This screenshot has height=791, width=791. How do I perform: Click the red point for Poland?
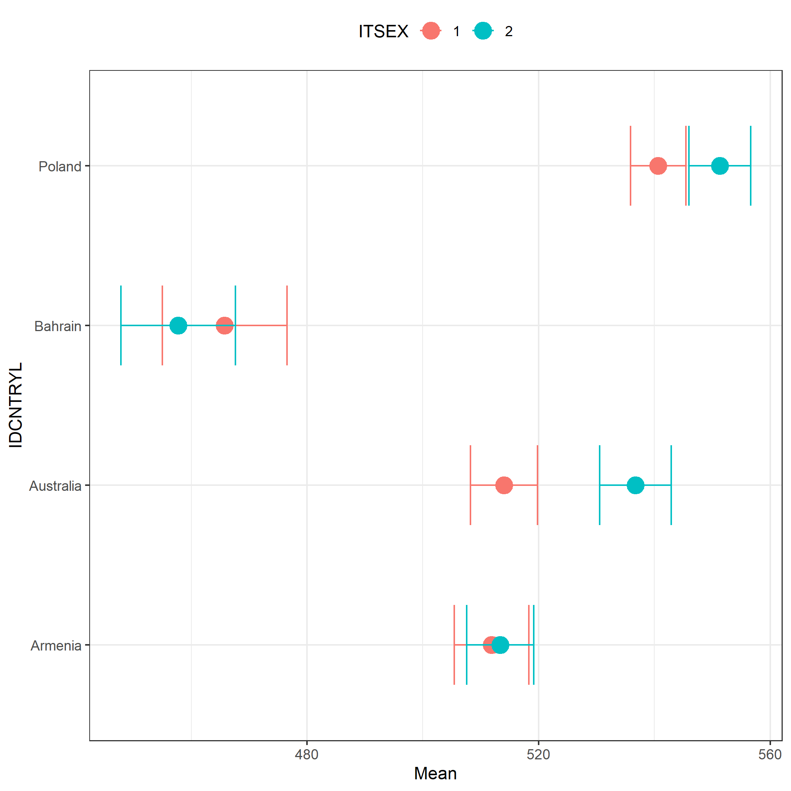click(x=658, y=166)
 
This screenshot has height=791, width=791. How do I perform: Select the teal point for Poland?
click(x=720, y=166)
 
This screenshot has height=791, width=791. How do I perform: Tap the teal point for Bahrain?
click(x=178, y=325)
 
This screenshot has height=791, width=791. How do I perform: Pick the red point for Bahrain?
click(x=225, y=325)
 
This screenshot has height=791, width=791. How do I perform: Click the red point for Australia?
click(x=504, y=485)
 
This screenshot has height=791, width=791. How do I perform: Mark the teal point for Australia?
click(x=635, y=485)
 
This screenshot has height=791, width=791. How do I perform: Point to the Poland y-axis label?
click(x=60, y=166)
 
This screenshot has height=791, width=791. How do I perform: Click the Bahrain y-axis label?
click(x=58, y=326)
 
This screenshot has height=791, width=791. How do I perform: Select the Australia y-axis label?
click(x=55, y=486)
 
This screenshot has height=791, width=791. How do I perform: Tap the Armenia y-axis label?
click(x=56, y=646)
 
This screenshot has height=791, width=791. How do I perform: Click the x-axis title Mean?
click(x=435, y=773)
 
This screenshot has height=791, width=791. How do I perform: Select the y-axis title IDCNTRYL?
click(x=15, y=405)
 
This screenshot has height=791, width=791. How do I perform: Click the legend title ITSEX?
click(x=383, y=32)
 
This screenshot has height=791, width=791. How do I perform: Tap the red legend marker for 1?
click(x=431, y=31)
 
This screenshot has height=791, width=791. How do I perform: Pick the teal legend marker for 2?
click(x=483, y=31)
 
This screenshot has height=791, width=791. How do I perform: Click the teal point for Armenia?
click(x=500, y=645)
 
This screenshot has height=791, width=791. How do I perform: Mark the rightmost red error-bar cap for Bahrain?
click(x=287, y=325)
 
